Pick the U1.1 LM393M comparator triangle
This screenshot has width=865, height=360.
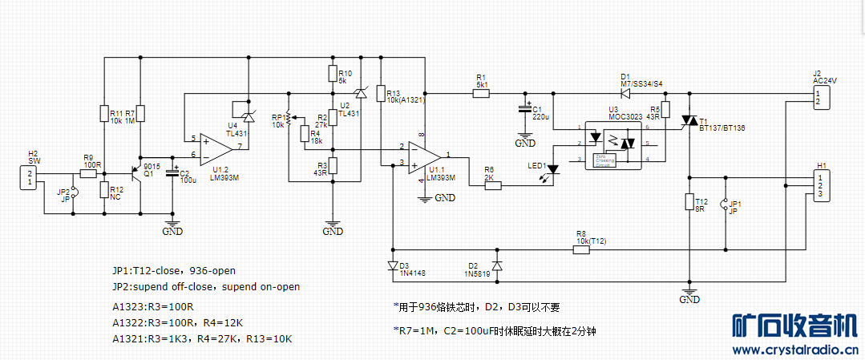(424, 156)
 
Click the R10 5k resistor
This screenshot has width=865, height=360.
(333, 75)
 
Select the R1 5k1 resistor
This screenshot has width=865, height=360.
(481, 93)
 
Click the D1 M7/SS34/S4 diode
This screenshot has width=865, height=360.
(624, 93)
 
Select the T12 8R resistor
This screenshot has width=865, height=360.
(688, 201)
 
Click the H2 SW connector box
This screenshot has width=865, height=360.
(30, 178)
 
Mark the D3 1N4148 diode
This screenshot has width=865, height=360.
(391, 265)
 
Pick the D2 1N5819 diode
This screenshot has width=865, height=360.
(496, 265)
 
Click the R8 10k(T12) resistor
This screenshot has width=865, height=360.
(581, 249)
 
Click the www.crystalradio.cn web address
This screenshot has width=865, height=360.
(794, 350)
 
